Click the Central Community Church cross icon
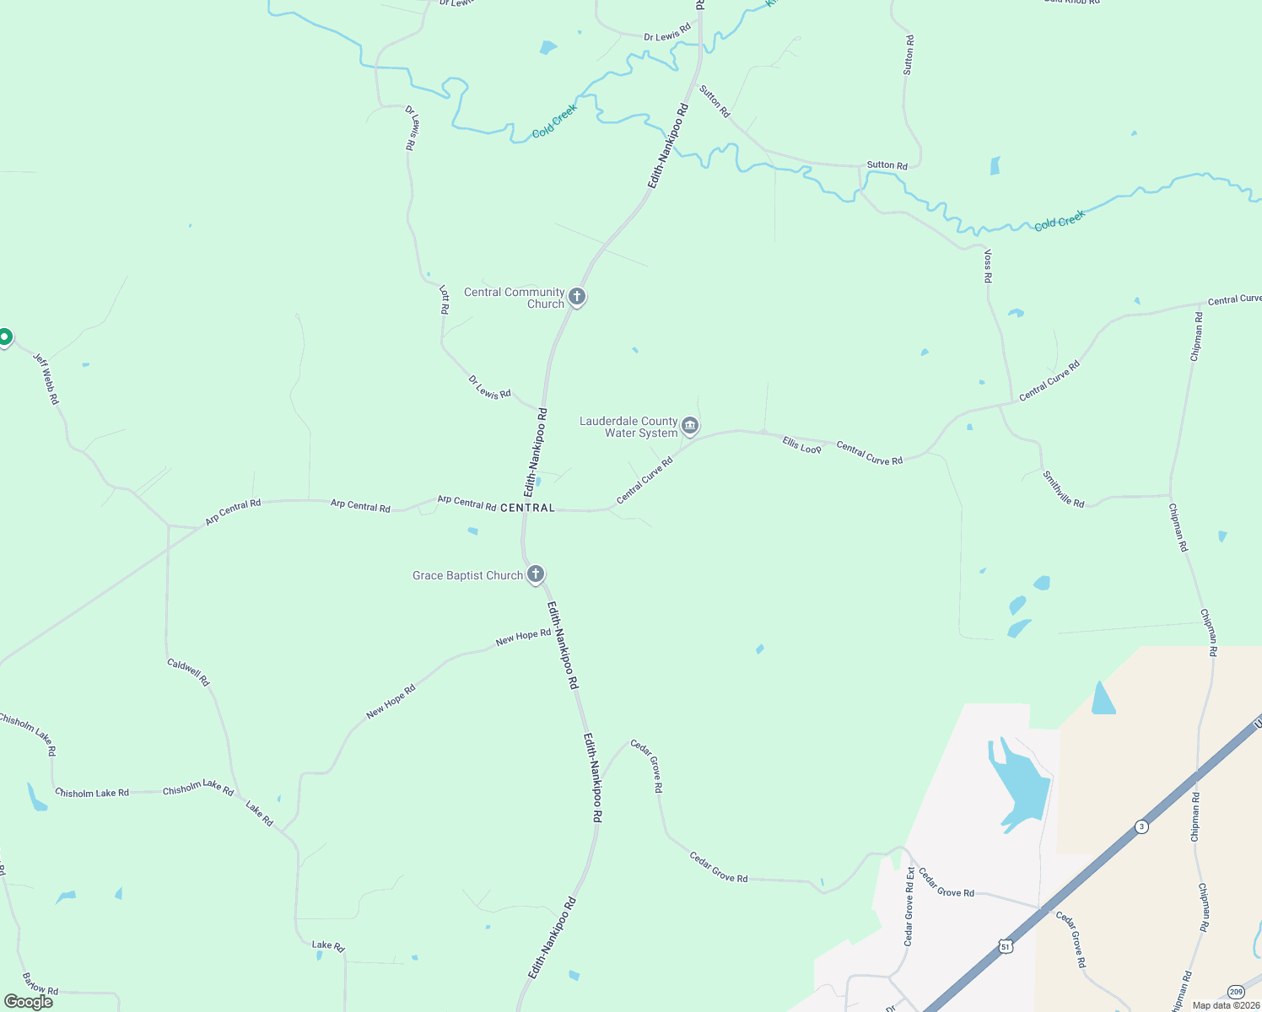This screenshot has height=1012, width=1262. tap(577, 296)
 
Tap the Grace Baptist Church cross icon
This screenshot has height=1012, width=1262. tap(535, 574)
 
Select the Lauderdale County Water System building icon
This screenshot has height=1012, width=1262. tap(690, 425)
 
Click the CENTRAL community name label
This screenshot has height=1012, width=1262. tap(527, 508)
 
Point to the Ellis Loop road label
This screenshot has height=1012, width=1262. tap(801, 445)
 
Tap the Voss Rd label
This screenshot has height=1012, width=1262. tap(988, 266)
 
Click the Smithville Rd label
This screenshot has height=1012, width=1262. tap(1063, 489)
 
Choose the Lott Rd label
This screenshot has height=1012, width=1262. tap(444, 299)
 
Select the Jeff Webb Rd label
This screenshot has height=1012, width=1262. tap(46, 378)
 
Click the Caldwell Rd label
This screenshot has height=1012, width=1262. tap(188, 672)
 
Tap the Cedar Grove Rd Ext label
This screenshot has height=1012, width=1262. tap(909, 907)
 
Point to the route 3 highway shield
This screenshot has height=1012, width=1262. tap(1141, 826)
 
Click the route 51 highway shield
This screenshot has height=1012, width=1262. tap(1005, 946)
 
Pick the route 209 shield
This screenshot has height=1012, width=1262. tap(1236, 992)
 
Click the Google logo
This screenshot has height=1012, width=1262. tap(29, 1002)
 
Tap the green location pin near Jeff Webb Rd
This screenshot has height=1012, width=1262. tap(4, 337)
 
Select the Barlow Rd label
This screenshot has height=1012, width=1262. tap(40, 983)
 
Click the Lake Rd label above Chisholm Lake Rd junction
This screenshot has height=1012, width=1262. tap(260, 814)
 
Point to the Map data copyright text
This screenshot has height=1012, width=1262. tap(1225, 1005)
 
